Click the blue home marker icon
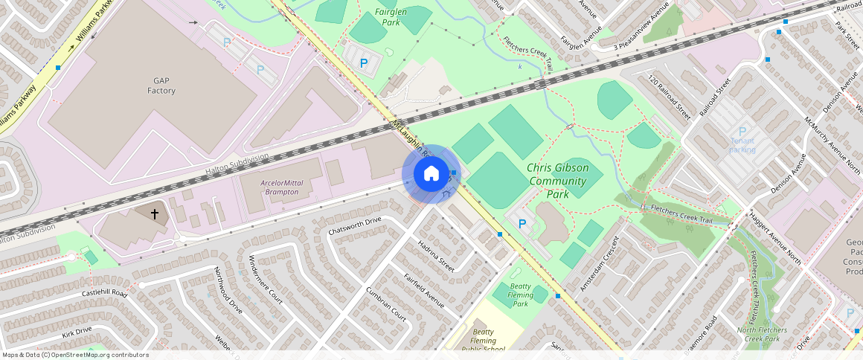[431, 174]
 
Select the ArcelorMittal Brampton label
[280, 187]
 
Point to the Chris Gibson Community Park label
[557, 181]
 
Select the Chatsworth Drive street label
[354, 225]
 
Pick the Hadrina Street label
[436, 256]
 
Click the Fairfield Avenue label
[424, 291]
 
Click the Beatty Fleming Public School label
[483, 340]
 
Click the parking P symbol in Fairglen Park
[364, 64]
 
